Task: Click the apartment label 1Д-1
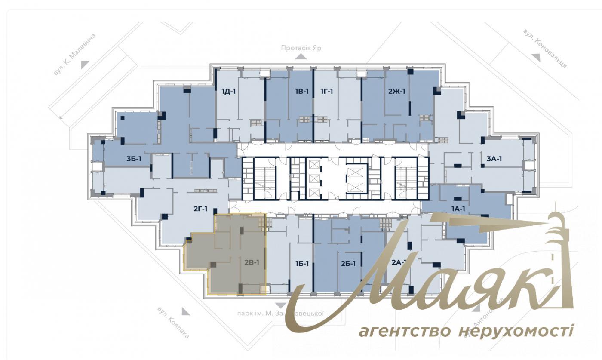[229, 91]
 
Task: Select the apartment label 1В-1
[302, 91]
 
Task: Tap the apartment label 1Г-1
[326, 91]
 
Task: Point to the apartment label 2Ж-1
[396, 91]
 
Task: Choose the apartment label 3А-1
[494, 159]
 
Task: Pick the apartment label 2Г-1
[200, 209]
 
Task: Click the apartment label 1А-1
[458, 209]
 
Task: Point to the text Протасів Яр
[301, 48]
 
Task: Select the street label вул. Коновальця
[545, 49]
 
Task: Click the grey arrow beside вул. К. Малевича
[85, 64]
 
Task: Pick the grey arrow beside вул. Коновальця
[535, 57]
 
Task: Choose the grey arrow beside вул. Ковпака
[185, 311]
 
